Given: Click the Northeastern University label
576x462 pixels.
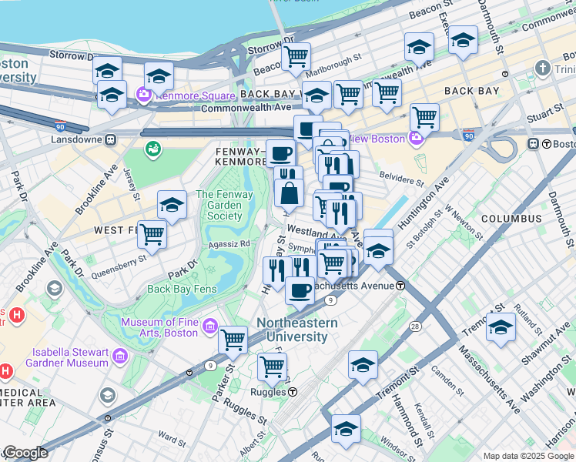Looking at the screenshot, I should click(x=297, y=330).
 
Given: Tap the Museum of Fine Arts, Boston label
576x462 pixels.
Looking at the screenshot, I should click(x=159, y=326).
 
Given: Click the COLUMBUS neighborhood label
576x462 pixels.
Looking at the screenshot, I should click(x=511, y=219).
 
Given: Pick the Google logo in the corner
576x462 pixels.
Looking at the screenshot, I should click(x=25, y=453).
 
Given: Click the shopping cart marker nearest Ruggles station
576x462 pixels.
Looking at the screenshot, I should click(x=272, y=367).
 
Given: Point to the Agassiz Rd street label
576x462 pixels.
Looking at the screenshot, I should click(x=233, y=243).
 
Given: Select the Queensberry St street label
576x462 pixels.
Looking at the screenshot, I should click(x=119, y=262).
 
